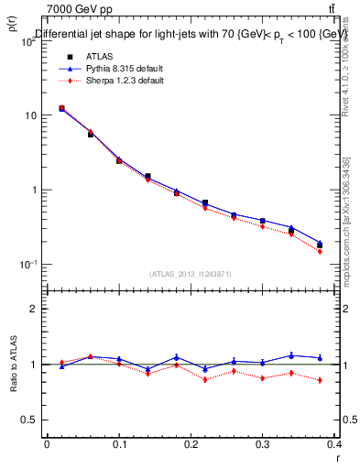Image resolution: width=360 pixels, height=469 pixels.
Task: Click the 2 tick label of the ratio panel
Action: point(33,310)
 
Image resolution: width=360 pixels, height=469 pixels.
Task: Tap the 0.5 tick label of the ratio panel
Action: point(29,420)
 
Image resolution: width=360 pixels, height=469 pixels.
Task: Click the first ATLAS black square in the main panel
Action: point(61,108)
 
